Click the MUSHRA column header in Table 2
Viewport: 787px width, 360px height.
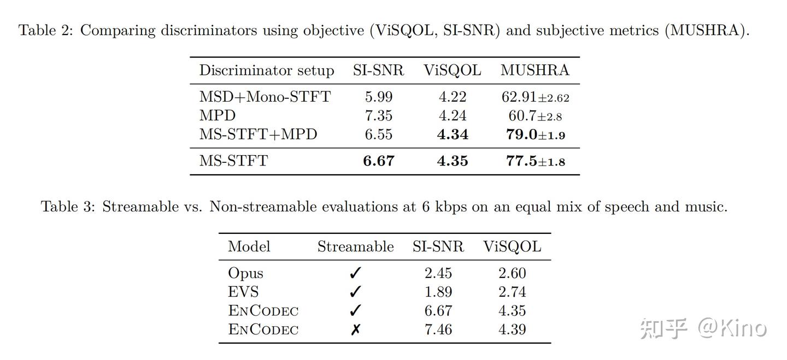tap(535, 70)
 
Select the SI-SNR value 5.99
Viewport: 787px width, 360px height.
tap(379, 97)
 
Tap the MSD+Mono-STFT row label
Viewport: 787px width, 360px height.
tap(265, 97)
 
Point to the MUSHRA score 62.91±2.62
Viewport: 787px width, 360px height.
tap(535, 97)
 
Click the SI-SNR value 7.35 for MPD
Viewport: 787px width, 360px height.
tap(379, 116)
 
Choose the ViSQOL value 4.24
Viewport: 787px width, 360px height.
tap(453, 116)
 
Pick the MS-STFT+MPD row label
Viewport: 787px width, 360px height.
tap(258, 134)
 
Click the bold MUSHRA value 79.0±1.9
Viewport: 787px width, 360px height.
tap(535, 135)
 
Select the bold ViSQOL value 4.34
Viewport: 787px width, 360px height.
tap(453, 134)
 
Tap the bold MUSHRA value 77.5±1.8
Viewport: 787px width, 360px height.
tap(535, 161)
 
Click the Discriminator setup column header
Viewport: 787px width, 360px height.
tap(266, 70)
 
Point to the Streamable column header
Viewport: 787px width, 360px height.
tap(355, 246)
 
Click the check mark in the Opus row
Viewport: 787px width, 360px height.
tap(355, 273)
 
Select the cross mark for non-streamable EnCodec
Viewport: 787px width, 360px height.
tap(355, 329)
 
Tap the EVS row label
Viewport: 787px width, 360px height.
tap(243, 292)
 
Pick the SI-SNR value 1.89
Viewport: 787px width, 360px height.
tap(438, 292)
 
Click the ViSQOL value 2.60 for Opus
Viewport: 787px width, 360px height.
tap(512, 273)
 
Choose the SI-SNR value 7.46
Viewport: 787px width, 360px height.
tap(438, 329)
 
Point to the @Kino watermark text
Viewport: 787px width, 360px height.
tap(732, 328)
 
